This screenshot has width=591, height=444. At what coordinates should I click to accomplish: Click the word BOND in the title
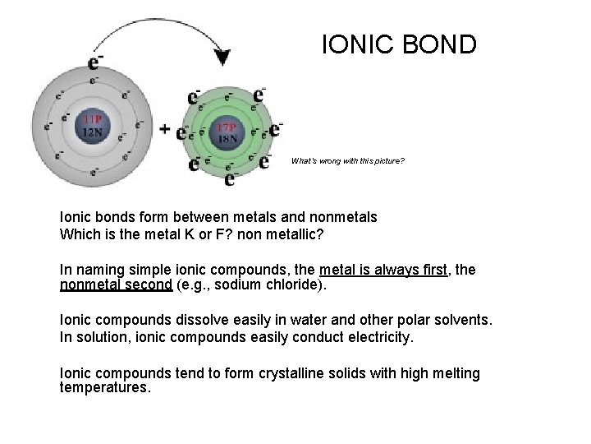coord(439,44)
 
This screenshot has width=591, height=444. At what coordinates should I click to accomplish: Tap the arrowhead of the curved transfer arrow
coord(222,58)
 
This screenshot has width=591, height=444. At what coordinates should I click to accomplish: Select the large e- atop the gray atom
coord(95,63)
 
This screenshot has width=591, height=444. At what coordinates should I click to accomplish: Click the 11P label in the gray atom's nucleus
coord(91,120)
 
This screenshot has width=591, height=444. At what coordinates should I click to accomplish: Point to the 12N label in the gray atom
coord(91,132)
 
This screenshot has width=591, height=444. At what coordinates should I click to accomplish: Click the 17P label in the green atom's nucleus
coord(227,127)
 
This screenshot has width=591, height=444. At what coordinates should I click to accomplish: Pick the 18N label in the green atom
coord(227,138)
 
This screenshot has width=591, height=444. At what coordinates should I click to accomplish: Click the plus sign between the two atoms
coord(165,129)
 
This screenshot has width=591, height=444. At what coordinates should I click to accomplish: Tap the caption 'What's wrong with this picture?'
coord(347,161)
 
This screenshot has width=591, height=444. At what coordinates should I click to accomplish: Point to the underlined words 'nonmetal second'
coord(114,285)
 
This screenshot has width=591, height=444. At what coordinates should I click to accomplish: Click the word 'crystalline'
coord(293,373)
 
